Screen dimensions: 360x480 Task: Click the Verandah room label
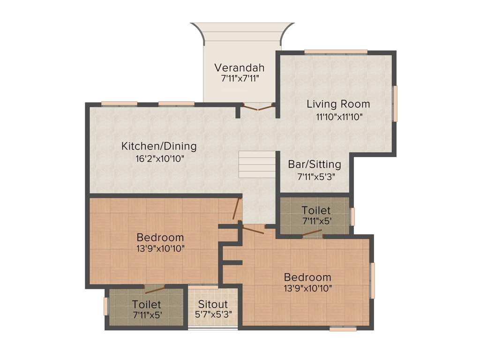coord(240,67)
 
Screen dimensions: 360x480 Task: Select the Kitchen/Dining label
coord(159,146)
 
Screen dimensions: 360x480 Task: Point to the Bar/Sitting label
coord(315,165)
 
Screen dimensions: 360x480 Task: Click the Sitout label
coord(212,304)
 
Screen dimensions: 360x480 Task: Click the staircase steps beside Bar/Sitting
coord(257,164)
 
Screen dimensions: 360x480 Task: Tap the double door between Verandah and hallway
coord(257,108)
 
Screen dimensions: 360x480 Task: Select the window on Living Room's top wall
coord(336,52)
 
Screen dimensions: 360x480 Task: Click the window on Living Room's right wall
coord(395,103)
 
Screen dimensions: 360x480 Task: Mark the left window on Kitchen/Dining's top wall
coord(119,104)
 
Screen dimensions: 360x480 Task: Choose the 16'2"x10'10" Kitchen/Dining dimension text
coord(159,158)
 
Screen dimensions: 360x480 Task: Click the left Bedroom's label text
coord(160,237)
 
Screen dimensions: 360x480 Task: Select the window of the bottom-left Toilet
coord(106,306)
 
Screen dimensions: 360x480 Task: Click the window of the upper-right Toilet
coord(352,217)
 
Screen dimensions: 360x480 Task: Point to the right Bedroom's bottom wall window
coord(343,329)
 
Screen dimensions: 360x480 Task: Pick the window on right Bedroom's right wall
coord(373,280)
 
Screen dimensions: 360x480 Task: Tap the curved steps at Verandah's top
coord(242,33)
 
